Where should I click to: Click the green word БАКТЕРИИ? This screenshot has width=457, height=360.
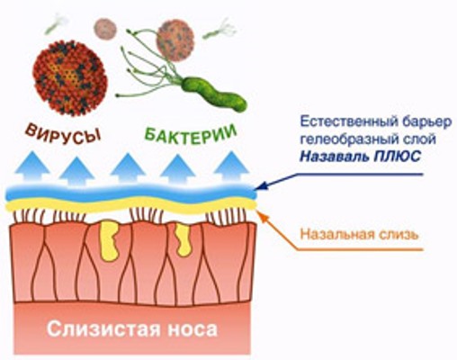click(191, 134)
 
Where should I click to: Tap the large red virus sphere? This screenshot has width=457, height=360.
click(69, 78)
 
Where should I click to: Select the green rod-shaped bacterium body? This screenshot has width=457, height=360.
click(214, 93)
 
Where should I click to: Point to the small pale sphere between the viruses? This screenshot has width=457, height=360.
click(105, 29)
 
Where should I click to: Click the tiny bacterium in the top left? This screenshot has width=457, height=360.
click(56, 24)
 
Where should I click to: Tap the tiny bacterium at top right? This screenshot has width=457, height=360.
click(220, 30)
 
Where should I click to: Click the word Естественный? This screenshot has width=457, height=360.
click(348, 122)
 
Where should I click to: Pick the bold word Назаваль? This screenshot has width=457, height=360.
click(334, 157)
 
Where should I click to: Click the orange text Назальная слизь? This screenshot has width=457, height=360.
click(359, 234)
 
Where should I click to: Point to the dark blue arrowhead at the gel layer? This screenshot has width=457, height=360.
click(262, 186)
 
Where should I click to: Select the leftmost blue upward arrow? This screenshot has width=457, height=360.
click(31, 166)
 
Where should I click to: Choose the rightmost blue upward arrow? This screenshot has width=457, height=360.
click(231, 166)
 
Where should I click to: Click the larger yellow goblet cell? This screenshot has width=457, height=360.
click(109, 240)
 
